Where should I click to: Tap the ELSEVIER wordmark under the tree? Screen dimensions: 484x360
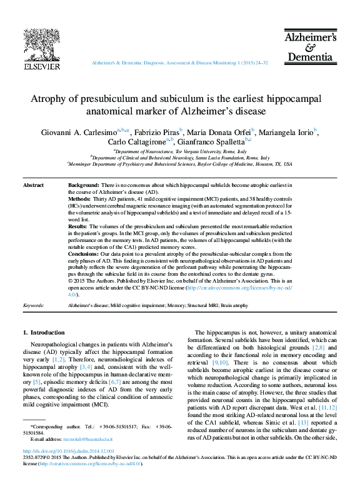tap(42, 66)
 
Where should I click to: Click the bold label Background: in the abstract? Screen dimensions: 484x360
tap(83, 186)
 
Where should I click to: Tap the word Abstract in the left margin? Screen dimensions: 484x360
tap(33, 186)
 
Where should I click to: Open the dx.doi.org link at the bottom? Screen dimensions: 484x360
tap(69, 451)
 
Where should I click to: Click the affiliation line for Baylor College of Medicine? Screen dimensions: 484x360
tap(180, 164)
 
